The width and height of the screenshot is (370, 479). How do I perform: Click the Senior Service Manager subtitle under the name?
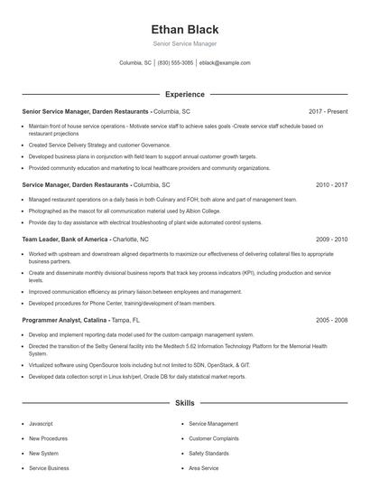pyautogui.click(x=184, y=43)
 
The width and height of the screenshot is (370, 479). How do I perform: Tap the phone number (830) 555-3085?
pyautogui.click(x=176, y=63)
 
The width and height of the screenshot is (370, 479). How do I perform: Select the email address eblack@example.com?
pyautogui.click(x=225, y=63)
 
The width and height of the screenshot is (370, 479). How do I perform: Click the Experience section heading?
pyautogui.click(x=184, y=94)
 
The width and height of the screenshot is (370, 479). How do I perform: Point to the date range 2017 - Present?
pyautogui.click(x=328, y=111)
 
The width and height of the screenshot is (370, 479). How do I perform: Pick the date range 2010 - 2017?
pyautogui.click(x=331, y=183)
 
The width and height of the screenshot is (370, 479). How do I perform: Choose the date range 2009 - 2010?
pyautogui.click(x=331, y=239)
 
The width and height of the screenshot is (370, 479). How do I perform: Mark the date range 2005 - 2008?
pyautogui.click(x=331, y=320)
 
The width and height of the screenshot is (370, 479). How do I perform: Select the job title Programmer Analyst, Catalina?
pyautogui.click(x=64, y=320)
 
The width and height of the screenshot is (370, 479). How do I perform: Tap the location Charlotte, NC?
pyautogui.click(x=131, y=239)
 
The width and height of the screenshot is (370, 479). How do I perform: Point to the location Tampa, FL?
pyautogui.click(x=126, y=320)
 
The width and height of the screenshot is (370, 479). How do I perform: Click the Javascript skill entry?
pyautogui.click(x=42, y=422)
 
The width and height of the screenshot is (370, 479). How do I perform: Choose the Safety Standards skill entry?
pyautogui.click(x=208, y=453)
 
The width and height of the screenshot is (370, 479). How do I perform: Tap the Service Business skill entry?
pyautogui.click(x=49, y=468)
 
